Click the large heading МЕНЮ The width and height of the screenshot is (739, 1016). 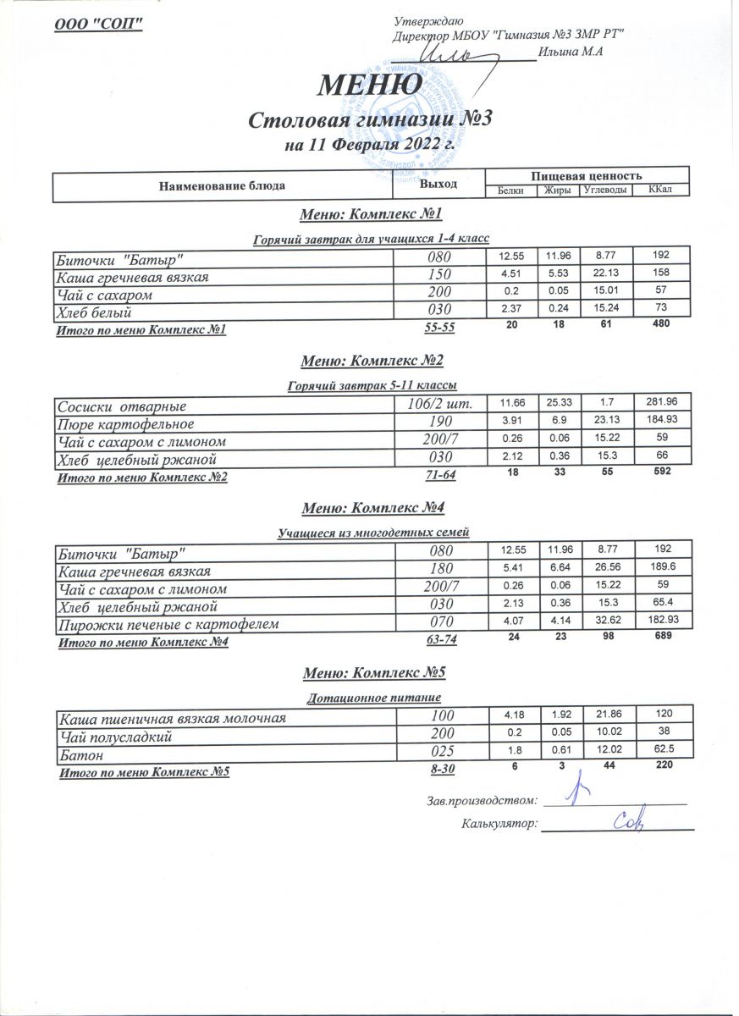[371, 85]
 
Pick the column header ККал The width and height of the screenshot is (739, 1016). [660, 190]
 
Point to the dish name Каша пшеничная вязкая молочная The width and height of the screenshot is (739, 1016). [170, 718]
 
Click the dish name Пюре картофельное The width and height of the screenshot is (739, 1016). [124, 423]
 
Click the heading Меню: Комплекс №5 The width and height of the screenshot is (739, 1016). [373, 674]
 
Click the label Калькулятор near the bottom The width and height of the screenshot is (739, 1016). [499, 822]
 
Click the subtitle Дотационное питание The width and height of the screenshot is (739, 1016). [373, 698]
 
